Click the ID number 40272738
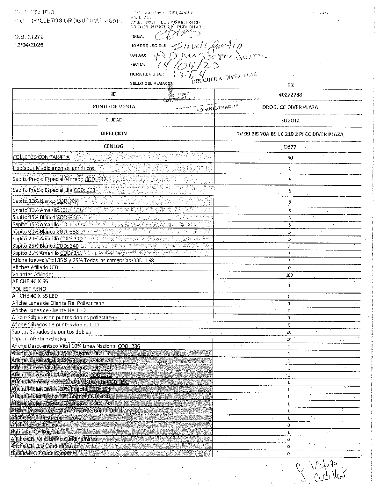click(290, 95)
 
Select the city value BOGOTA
click(290, 121)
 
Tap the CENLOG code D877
click(290, 147)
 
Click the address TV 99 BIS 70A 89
click(290, 134)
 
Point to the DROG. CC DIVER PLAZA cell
click(290, 107)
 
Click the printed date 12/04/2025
click(29, 45)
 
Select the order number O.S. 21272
click(29, 37)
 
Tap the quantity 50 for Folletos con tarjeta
click(290, 158)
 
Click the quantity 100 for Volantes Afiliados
click(289, 275)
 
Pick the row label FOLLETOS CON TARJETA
click(41, 157)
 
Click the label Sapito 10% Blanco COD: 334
click(46, 201)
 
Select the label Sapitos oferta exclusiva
click(39, 339)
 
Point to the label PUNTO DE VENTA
click(114, 107)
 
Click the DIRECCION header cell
click(113, 134)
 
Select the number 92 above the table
click(290, 85)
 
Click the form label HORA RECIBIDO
click(147, 74)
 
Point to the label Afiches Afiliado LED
click(35, 267)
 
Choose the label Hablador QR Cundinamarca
click(43, 453)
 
